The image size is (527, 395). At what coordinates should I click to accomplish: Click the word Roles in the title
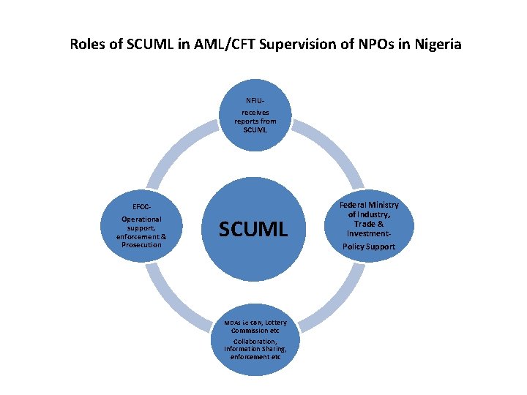click(x=87, y=44)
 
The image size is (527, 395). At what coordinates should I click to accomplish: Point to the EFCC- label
click(x=142, y=206)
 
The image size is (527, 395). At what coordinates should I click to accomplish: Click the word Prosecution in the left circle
click(x=142, y=244)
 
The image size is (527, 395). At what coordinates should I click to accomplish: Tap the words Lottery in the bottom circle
click(x=276, y=323)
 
